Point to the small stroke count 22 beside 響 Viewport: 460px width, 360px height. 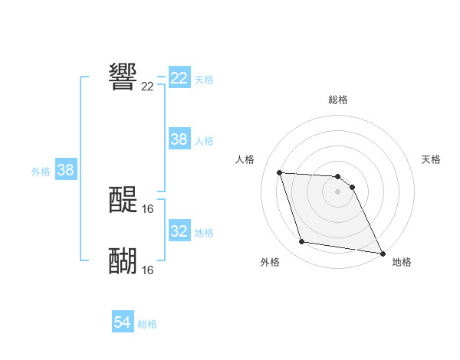pyautogui.click(x=147, y=87)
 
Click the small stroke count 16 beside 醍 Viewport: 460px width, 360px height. pyautogui.click(x=147, y=208)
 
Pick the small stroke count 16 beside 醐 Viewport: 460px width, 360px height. pyautogui.click(x=147, y=270)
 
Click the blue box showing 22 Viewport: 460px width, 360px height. pyautogui.click(x=179, y=78)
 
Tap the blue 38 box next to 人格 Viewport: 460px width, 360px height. pyautogui.click(x=179, y=139)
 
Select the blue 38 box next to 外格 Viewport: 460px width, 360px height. pyautogui.click(x=65, y=170)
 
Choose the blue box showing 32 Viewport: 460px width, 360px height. pyautogui.click(x=179, y=231)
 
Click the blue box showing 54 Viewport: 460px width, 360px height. pyautogui.click(x=123, y=323)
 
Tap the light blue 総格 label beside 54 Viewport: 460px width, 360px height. pyautogui.click(x=147, y=324)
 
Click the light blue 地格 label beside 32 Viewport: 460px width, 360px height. pyautogui.click(x=204, y=232)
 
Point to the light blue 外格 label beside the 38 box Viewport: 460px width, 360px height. pyautogui.click(x=41, y=172)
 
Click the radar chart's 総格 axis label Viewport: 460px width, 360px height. pyautogui.click(x=338, y=100)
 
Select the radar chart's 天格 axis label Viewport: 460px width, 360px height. pyautogui.click(x=432, y=159)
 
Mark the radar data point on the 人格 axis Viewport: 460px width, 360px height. pyautogui.click(x=280, y=172)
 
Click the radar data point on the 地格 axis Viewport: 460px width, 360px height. pyautogui.click(x=382, y=253)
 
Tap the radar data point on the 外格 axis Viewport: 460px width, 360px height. pyautogui.click(x=302, y=242)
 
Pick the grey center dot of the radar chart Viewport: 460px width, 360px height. pyautogui.click(x=337, y=191)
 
